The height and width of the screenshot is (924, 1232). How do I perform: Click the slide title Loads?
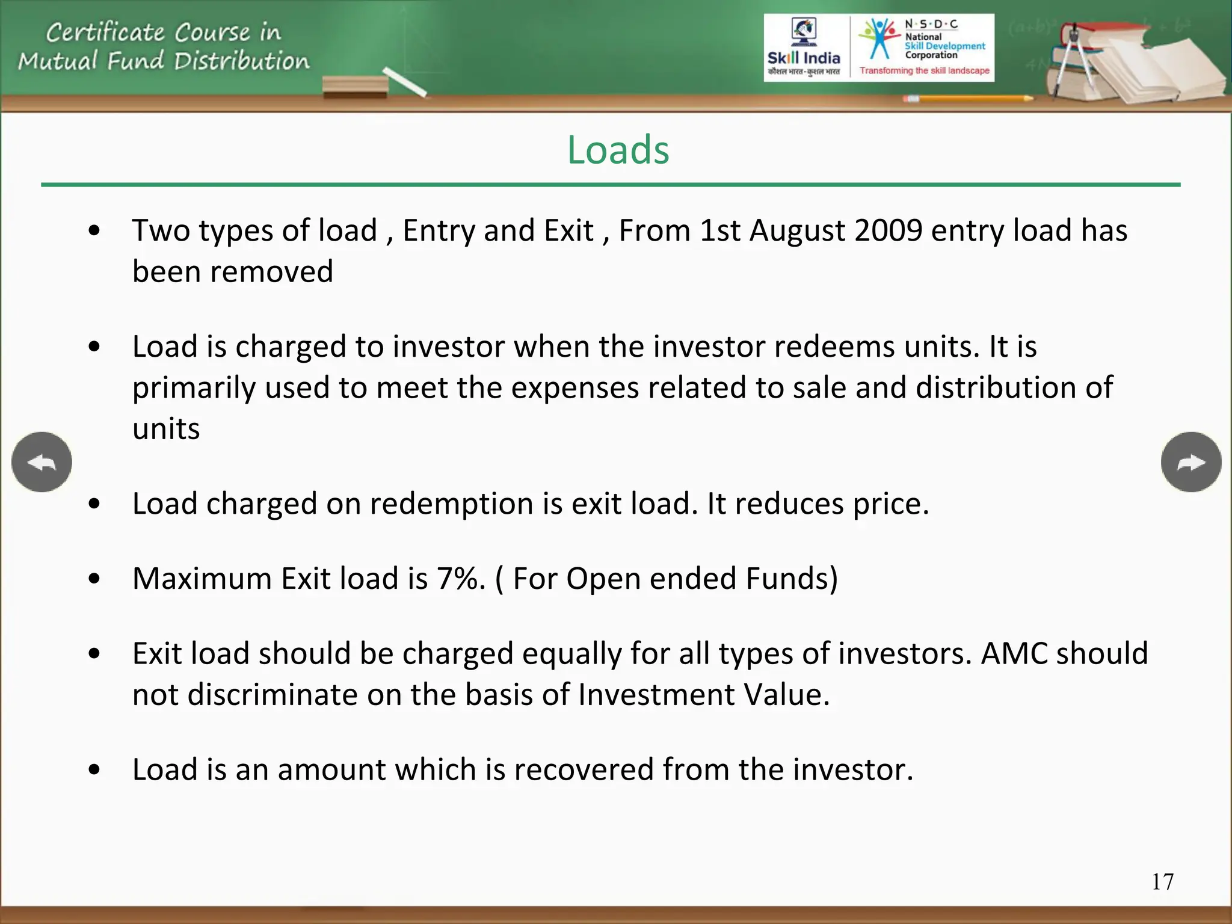618,150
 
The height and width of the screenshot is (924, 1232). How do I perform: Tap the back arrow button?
42,462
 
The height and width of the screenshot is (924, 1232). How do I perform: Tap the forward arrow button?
1190,462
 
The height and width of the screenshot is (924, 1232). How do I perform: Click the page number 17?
1162,882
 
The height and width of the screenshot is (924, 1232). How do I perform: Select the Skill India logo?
804,48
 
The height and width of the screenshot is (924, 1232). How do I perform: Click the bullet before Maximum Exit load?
94,579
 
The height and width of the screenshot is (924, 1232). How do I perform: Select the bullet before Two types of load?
94,230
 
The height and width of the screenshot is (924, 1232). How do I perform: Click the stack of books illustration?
1131,60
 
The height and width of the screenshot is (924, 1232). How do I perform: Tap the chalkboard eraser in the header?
355,87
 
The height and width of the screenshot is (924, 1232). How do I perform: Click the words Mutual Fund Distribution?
164,61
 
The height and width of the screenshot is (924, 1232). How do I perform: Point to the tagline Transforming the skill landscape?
924,71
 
